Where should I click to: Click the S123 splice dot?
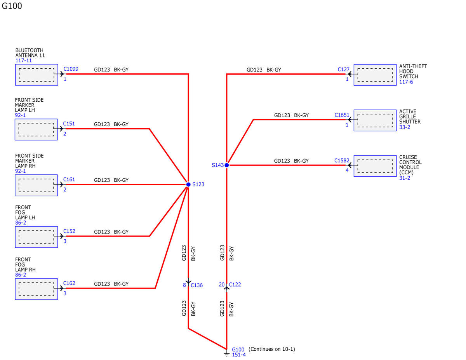pyautogui.click(x=188, y=184)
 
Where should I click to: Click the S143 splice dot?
pyautogui.click(x=226, y=165)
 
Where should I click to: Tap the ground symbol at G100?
pyautogui.click(x=226, y=353)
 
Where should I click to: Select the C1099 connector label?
pyautogui.click(x=71, y=69)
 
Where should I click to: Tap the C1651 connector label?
pyautogui.click(x=342, y=115)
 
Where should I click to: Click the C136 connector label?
pyautogui.click(x=196, y=285)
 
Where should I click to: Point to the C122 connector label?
pyautogui.click(x=235, y=285)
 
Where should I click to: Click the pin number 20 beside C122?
pyautogui.click(x=221, y=285)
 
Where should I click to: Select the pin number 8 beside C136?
pyautogui.click(x=184, y=285)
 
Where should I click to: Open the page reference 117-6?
pyautogui.click(x=406, y=82)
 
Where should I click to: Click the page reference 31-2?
pyautogui.click(x=405, y=178)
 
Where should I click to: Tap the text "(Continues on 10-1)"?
pyautogui.click(x=272, y=349)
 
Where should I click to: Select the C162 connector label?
pyautogui.click(x=69, y=283)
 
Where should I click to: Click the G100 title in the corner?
pyautogui.click(x=12, y=6)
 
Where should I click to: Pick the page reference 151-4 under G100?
pyautogui.click(x=239, y=355)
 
